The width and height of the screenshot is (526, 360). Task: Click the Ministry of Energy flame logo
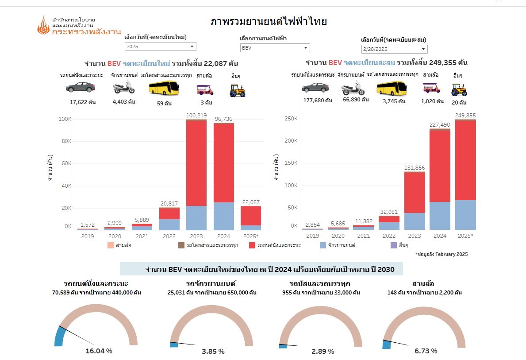pos(43,26)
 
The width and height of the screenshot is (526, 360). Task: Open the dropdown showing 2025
pos(160,46)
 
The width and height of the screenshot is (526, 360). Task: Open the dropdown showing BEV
pos(275,48)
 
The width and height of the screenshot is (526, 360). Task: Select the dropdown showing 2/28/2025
pos(394,49)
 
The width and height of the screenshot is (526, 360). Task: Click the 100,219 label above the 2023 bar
pos(196,116)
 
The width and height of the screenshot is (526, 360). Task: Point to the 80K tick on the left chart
pos(65,141)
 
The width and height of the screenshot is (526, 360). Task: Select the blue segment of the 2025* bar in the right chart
pos(465,215)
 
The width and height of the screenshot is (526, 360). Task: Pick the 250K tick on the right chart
pos(291,119)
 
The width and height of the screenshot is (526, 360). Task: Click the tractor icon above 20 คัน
pos(459,89)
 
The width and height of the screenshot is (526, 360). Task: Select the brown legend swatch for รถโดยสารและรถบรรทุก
pos(181,245)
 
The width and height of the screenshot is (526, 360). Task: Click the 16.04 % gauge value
pos(99,351)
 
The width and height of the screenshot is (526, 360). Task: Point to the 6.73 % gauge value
pos(426,351)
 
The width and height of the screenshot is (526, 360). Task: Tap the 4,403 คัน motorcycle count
pos(124,101)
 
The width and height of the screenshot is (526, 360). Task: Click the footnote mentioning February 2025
pos(442,254)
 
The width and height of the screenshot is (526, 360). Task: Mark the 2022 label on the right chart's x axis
pos(389,236)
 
